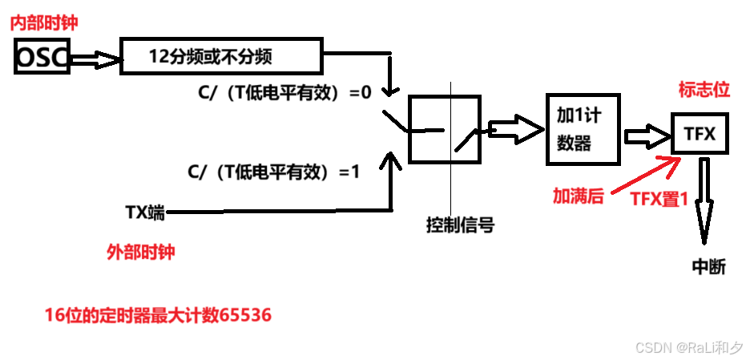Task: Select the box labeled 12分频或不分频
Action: (220, 56)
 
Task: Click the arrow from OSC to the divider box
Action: (95, 58)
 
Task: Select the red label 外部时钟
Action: (140, 252)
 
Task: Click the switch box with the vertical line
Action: (445, 129)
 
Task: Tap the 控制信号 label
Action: (460, 225)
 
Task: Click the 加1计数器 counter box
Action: (583, 128)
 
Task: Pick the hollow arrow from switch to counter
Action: (513, 128)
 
